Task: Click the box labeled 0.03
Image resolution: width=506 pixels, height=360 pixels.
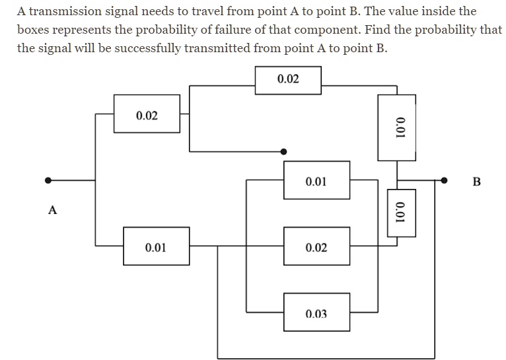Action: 316,312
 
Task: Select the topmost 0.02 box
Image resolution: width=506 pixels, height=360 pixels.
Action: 288,80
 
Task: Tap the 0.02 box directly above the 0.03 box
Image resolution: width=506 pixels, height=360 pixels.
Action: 316,246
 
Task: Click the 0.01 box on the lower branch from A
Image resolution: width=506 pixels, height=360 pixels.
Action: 155,246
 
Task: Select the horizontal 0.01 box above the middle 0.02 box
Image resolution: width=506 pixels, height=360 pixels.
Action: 316,180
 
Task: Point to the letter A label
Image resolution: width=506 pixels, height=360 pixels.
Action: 53,210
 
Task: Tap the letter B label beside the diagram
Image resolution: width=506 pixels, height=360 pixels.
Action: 478,181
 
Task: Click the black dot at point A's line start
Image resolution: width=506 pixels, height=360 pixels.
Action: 48,180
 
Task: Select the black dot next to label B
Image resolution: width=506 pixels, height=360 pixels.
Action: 445,180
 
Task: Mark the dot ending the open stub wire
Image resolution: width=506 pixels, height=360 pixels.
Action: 284,151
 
